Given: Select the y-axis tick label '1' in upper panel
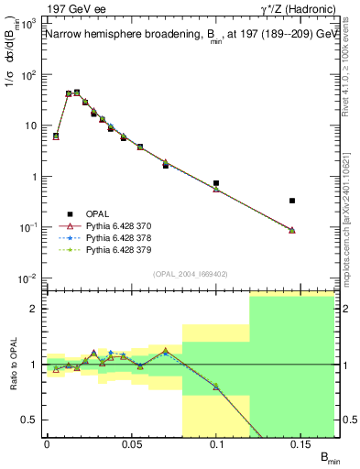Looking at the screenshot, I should coord(35,177).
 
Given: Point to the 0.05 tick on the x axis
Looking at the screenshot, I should coord(131,445).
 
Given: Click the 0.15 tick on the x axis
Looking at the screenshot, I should coord(302,445).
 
